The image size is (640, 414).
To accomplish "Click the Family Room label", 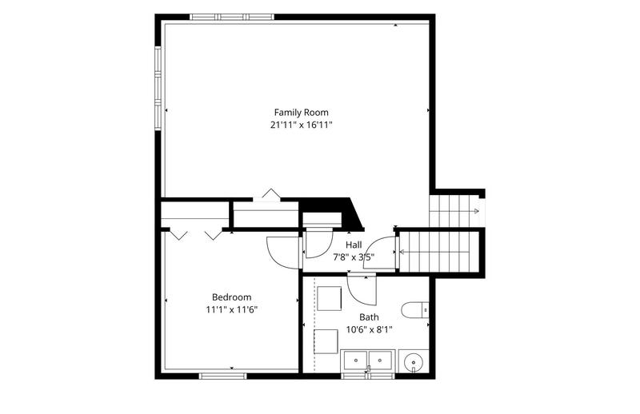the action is pos(302,112).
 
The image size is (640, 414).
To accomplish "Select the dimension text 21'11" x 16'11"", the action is pos(302,125).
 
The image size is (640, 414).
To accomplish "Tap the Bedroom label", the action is pos(231,297).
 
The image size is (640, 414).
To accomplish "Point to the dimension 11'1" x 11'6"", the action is pos(231,309).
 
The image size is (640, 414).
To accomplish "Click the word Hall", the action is pos(354,245).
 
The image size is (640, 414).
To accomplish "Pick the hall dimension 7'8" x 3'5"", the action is pos(354,257).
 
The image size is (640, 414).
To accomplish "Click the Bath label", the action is pos(369,317).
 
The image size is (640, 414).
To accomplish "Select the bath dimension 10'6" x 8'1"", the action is pos(369,329).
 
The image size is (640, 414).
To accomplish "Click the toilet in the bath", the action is pos(415,310).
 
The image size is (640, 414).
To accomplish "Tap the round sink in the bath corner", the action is pos(414,361).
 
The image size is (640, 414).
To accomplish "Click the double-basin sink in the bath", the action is pos(368,360).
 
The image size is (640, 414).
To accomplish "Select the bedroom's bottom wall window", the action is pos(223,376).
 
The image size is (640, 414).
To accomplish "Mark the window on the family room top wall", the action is pos(232,17).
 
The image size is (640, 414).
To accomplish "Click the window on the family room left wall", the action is pos(158,88).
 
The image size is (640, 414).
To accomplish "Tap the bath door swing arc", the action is pos(359,294).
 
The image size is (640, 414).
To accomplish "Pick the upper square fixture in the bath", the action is pos(330,299).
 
